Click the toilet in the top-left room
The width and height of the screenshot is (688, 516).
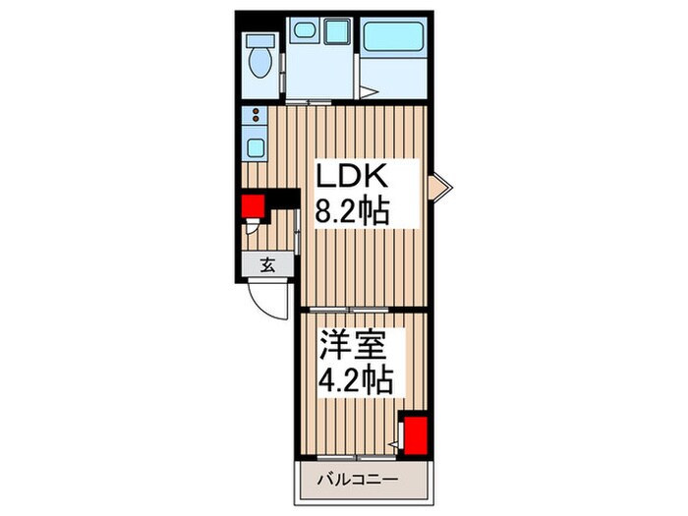[x=260, y=59]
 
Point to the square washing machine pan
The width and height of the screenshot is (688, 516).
[x=337, y=32]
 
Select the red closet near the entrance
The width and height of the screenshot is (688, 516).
[x=255, y=205]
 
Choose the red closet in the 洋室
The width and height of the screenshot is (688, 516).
[x=416, y=434]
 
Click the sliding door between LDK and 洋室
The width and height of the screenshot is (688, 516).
[x=364, y=311]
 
